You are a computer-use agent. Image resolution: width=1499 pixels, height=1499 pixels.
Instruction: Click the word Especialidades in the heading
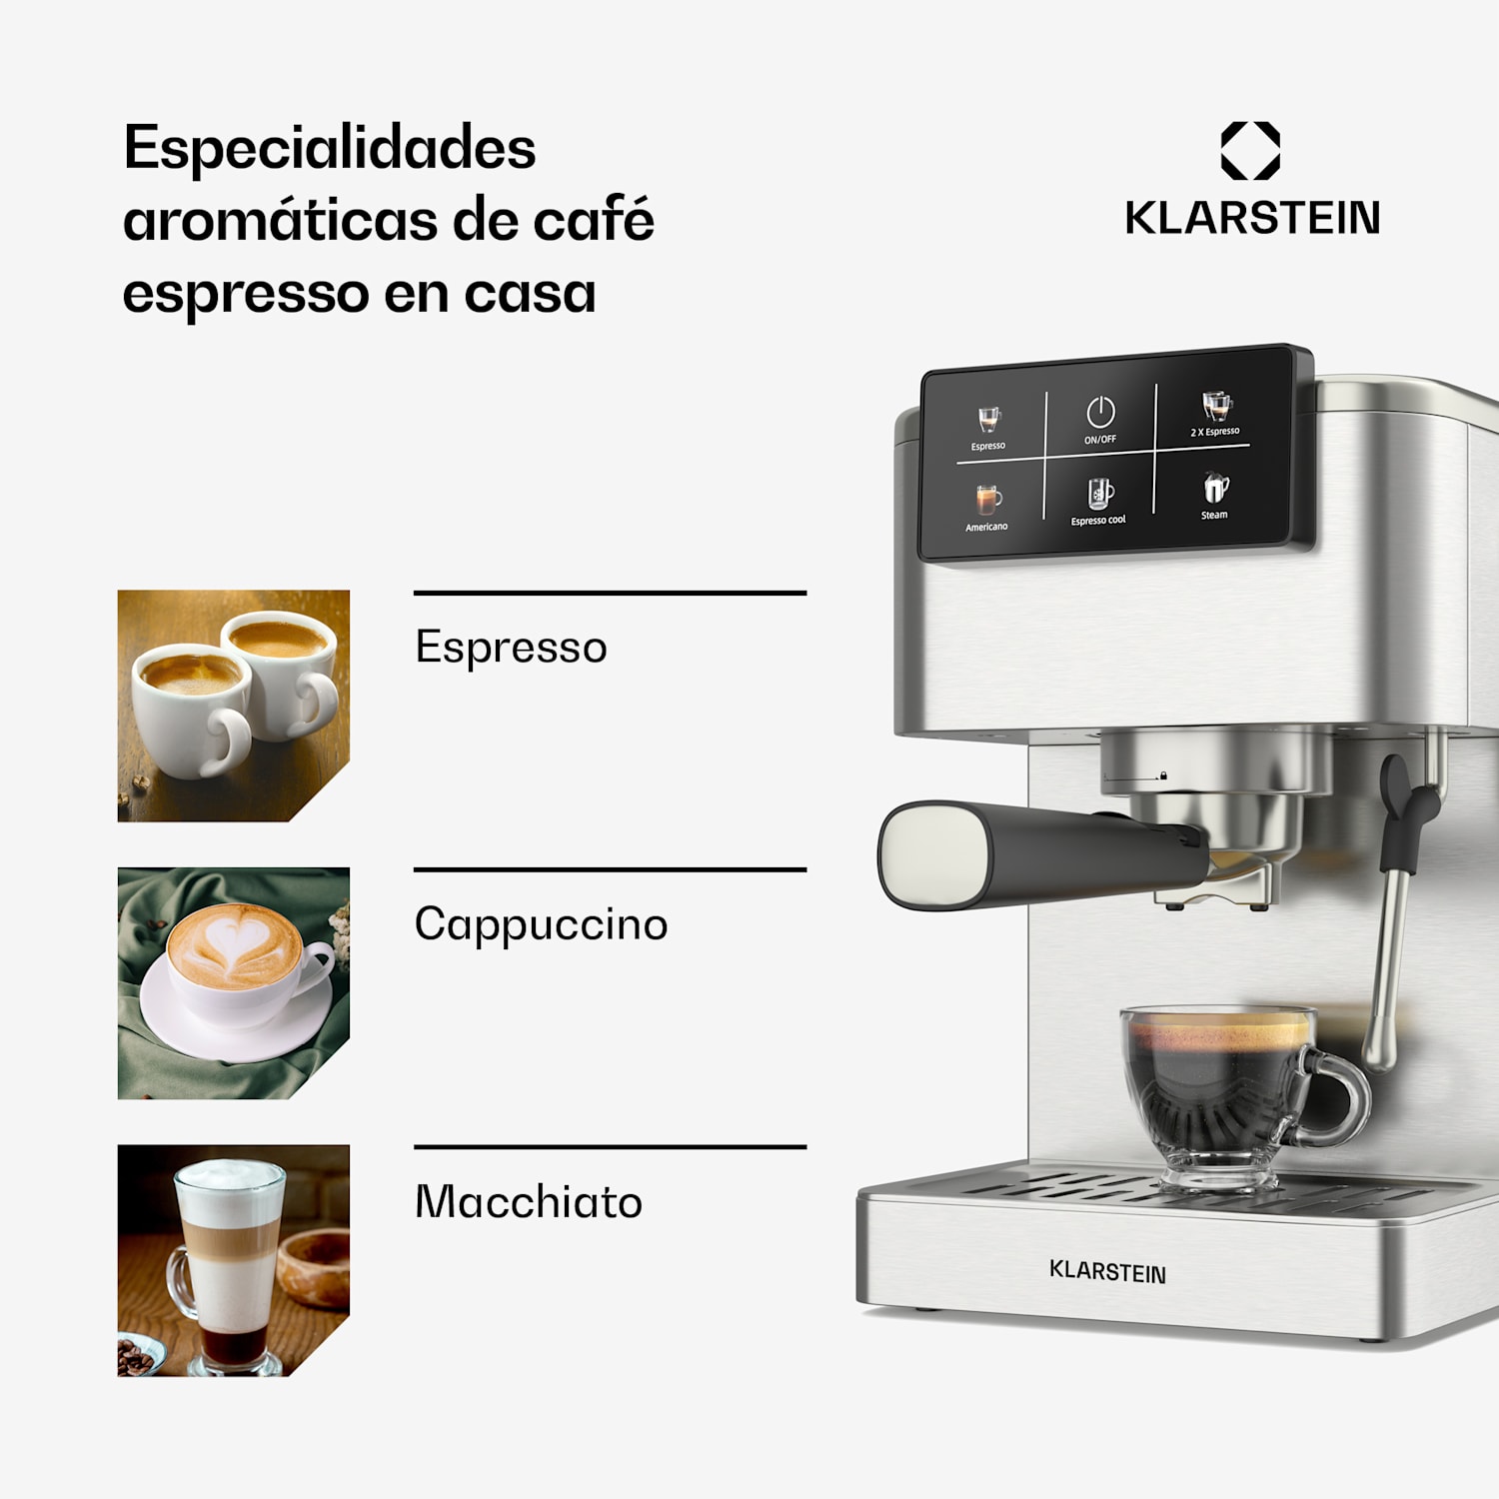tap(330, 149)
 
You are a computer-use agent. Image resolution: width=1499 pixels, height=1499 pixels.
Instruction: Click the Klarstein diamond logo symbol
tap(1250, 151)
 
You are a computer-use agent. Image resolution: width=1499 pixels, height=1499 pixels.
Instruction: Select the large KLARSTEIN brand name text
tap(1252, 218)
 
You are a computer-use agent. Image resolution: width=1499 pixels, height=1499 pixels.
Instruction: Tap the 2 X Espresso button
tap(1215, 414)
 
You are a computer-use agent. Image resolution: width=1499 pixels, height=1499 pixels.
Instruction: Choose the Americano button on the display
tap(987, 507)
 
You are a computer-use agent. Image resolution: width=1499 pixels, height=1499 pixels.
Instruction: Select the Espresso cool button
tap(1099, 501)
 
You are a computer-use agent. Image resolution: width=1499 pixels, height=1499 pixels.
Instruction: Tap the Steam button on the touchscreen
tap(1214, 495)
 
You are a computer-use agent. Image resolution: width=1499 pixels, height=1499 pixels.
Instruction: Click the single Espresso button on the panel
tap(988, 428)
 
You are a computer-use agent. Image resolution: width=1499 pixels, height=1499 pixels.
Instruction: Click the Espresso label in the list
tap(511, 648)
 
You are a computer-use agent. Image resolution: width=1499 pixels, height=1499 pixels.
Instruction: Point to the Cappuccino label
tap(541, 924)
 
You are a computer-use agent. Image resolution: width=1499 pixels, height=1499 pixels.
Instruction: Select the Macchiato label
tap(528, 1201)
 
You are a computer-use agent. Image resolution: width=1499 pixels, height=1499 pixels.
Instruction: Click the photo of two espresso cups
tap(233, 706)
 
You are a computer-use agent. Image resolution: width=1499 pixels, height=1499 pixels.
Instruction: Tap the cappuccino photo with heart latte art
tap(233, 982)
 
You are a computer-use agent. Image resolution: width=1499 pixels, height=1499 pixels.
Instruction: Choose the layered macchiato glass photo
tap(233, 1260)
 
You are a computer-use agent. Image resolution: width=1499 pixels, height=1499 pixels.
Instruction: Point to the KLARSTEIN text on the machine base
tap(1107, 1271)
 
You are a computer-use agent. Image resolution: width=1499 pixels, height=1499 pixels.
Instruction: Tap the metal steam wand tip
tap(1379, 1049)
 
